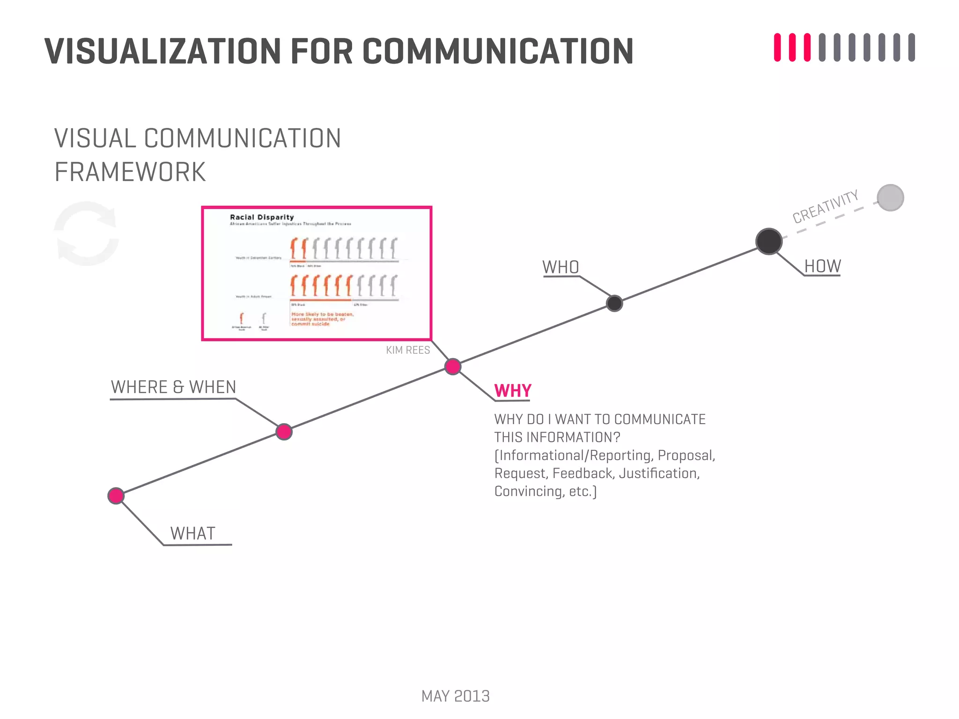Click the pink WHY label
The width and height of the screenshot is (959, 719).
(513, 390)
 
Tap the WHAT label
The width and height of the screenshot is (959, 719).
(192, 534)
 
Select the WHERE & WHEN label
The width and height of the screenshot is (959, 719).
(173, 388)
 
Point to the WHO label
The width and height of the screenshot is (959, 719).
(561, 267)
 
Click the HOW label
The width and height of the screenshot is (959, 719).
(822, 266)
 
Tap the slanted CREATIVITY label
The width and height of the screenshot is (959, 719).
(825, 206)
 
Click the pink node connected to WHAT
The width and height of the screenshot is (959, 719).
(116, 496)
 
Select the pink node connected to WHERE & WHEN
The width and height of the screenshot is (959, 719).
(284, 432)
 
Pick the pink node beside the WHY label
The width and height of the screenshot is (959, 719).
(453, 367)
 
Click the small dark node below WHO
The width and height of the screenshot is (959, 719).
(614, 303)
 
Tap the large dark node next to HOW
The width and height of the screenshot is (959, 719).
(769, 242)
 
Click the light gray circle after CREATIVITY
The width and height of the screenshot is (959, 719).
(890, 198)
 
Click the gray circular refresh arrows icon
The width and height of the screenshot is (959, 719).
(87, 234)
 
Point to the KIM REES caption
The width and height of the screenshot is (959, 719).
(408, 350)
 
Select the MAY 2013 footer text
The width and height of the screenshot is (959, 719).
(455, 696)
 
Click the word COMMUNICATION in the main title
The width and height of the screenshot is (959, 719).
(497, 51)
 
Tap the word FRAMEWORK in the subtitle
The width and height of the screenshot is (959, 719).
(130, 172)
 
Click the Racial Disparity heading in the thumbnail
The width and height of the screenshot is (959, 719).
(262, 217)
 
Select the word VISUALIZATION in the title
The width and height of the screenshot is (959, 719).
(162, 51)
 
